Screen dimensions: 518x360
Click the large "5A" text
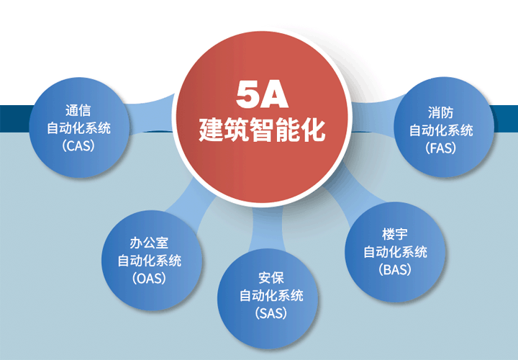coord(262,94)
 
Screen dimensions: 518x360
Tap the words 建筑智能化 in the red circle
coord(262,130)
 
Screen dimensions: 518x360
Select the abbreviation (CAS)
coord(78,145)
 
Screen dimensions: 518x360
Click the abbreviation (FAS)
coord(441,148)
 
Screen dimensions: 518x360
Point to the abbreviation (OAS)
coord(150,279)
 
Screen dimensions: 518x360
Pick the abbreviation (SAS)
coord(271,313)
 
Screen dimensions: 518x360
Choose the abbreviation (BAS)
coord(395,270)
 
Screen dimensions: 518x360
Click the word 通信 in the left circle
coord(78,110)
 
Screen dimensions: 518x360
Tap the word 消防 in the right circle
coord(441,112)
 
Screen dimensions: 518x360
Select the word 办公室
coord(150,243)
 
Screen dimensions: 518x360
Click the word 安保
coord(271,278)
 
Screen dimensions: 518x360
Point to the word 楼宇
coord(395,235)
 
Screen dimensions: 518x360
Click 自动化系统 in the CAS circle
coord(78,128)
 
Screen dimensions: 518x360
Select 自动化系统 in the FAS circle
coord(441,130)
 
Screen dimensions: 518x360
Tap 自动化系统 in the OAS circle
coord(150,261)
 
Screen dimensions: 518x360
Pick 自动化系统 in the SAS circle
coord(271,295)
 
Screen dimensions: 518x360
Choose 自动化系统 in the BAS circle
coord(395,252)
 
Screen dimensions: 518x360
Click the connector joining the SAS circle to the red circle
coord(267,228)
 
